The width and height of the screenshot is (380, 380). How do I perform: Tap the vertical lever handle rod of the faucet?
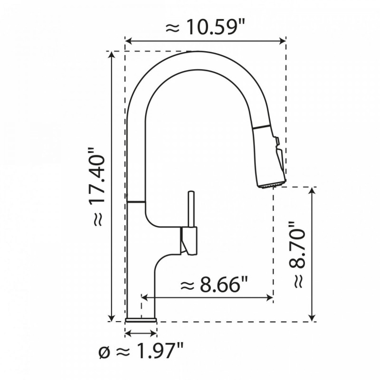190,209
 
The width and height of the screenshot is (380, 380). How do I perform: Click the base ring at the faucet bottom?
141,320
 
